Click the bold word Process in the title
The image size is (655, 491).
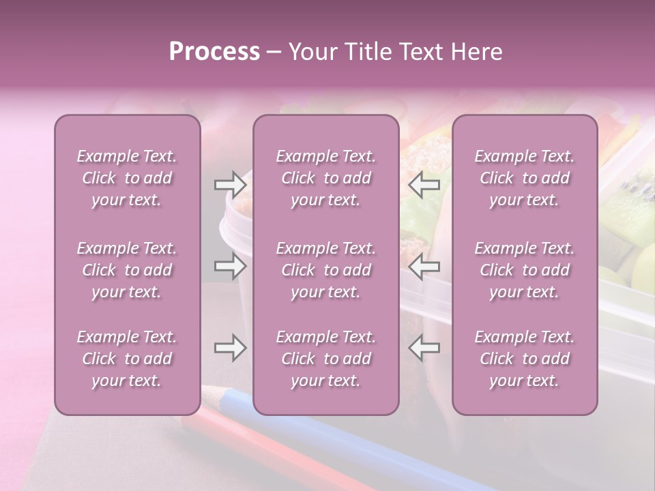[214, 52]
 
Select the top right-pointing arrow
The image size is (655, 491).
[230, 184]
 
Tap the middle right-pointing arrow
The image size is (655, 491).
[230, 266]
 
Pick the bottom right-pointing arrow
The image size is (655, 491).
[230, 348]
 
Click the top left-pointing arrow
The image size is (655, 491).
[424, 184]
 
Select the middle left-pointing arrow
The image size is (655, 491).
[424, 266]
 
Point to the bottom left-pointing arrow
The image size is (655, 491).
[424, 348]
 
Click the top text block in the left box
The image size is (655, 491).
[127, 178]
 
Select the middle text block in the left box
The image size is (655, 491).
[127, 270]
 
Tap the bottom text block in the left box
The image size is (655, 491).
[127, 359]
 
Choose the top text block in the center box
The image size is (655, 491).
[325, 178]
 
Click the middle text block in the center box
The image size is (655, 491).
[325, 270]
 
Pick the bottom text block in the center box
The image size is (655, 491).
[325, 359]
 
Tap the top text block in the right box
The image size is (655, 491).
[524, 178]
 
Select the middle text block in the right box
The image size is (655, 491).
[524, 270]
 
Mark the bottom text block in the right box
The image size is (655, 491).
[524, 359]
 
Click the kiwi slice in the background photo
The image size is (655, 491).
[631, 205]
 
